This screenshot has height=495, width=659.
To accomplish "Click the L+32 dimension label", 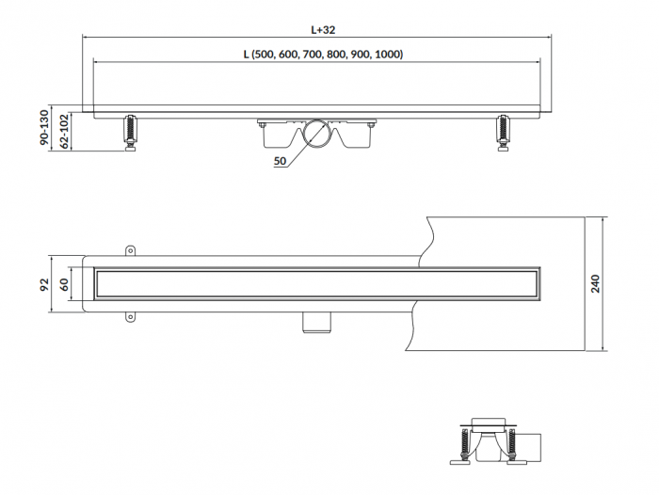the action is click(x=323, y=30).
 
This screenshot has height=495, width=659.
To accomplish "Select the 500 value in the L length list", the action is click(x=264, y=55).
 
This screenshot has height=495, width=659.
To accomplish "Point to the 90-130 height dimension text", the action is click(x=44, y=127).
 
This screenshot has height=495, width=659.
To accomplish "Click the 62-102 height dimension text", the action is click(x=64, y=131).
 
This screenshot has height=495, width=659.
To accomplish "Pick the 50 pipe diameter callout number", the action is click(x=280, y=161).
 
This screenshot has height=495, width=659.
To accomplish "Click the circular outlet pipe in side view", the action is click(x=318, y=134).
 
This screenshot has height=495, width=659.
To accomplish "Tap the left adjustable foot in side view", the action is click(x=130, y=133).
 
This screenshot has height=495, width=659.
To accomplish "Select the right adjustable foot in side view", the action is click(x=502, y=133).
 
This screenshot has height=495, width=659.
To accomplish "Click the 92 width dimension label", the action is click(x=44, y=284).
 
